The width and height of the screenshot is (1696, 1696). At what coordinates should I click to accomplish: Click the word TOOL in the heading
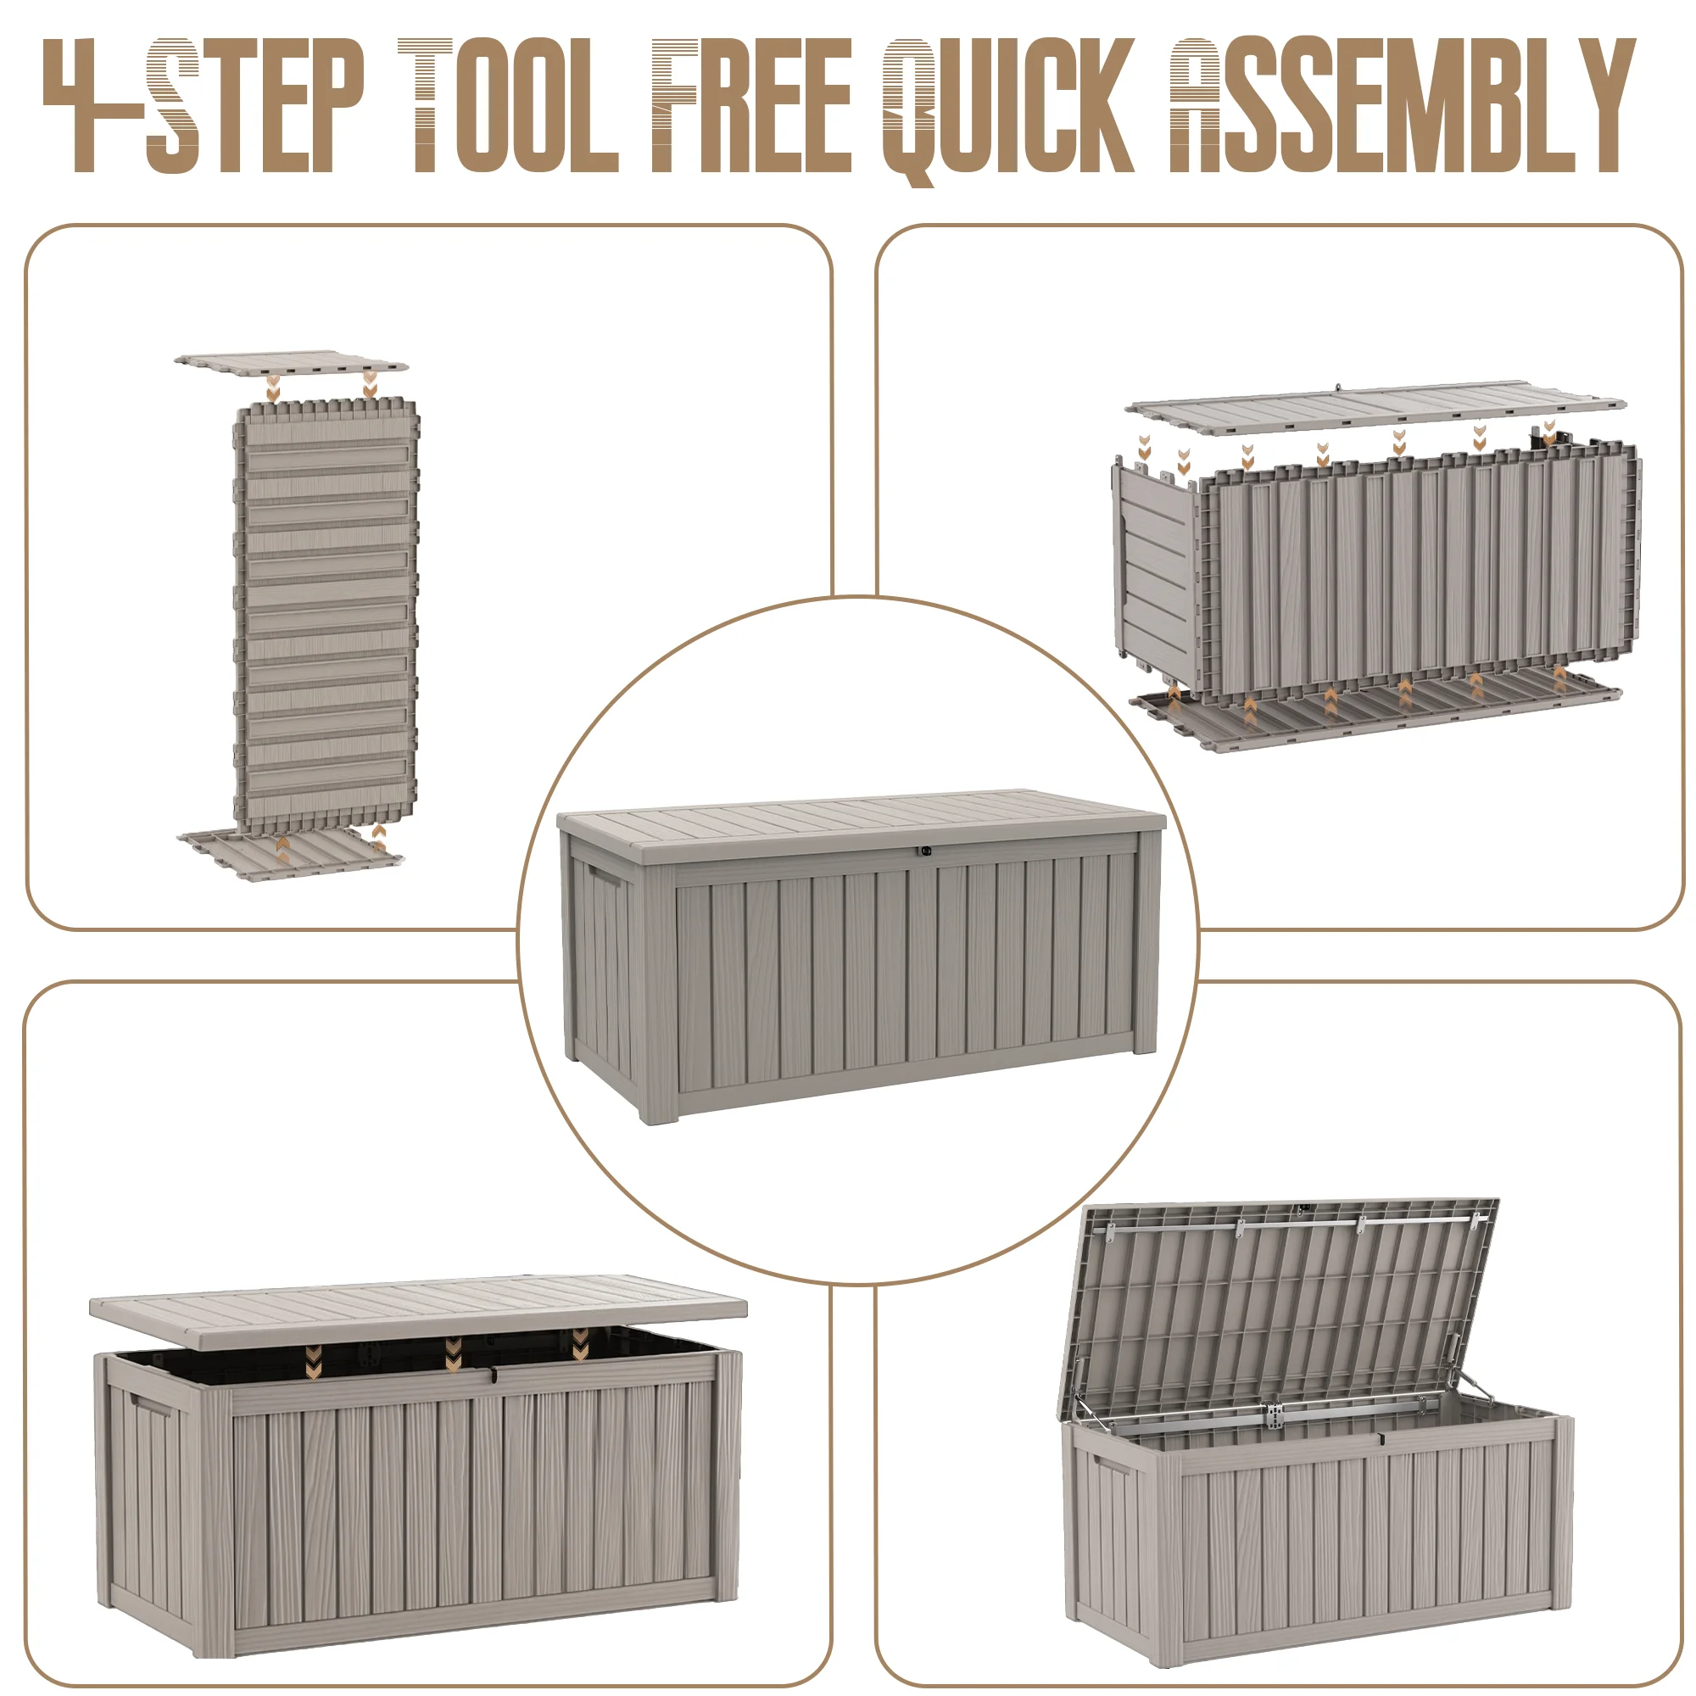pyautogui.click(x=508, y=105)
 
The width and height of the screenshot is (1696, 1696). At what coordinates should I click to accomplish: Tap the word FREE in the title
pyautogui.click(x=751, y=105)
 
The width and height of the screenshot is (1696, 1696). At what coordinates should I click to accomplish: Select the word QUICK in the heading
pyautogui.click(x=1008, y=110)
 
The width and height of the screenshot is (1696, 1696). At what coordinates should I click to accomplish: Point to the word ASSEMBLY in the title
pyautogui.click(x=1402, y=105)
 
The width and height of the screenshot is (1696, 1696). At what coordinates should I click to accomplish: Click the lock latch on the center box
pyautogui.click(x=925, y=851)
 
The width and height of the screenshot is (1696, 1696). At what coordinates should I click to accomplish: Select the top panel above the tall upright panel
pyautogui.click(x=291, y=362)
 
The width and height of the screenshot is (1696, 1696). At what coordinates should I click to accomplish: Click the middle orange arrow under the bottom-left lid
pyautogui.click(x=453, y=1357)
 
